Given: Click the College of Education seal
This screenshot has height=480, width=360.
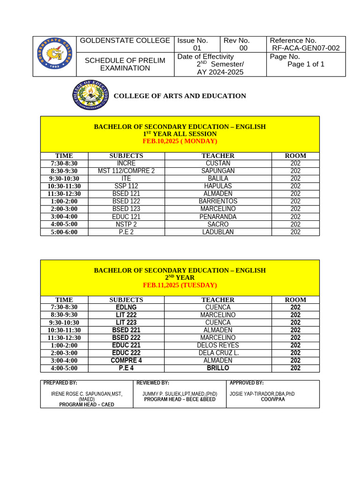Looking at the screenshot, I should [x=90, y=96].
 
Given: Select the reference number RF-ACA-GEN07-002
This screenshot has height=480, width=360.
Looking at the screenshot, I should [x=305, y=48].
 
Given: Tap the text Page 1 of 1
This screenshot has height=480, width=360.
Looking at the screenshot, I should [x=306, y=64].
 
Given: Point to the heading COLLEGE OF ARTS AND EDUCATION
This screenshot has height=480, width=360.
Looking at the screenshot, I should [x=180, y=96].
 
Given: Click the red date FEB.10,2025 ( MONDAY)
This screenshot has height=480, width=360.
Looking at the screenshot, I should [x=180, y=141].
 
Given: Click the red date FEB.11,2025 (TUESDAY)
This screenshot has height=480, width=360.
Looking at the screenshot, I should [x=180, y=285].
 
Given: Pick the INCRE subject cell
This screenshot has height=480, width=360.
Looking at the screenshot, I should [x=126, y=164].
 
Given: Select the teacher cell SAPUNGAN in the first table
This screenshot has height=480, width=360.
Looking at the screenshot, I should [x=218, y=171].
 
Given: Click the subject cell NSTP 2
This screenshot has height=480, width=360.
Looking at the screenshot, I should [x=126, y=225].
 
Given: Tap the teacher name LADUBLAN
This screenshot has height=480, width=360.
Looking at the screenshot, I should [x=218, y=232].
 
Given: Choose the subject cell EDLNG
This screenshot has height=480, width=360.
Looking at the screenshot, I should [x=126, y=307].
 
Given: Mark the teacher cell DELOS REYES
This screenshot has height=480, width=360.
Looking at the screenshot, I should [x=218, y=345].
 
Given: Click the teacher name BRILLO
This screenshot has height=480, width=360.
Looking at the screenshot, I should [x=218, y=368].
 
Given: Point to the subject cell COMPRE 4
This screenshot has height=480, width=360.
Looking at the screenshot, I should [x=126, y=360].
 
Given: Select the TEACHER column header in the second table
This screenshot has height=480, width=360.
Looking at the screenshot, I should [x=218, y=300].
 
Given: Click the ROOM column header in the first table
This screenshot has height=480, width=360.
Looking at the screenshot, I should [x=295, y=156].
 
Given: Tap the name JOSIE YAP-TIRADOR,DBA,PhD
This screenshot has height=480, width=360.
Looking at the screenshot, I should [x=262, y=394].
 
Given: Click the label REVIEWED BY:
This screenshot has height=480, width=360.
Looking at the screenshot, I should [x=153, y=383].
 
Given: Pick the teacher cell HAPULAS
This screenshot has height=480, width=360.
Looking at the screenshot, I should [x=218, y=186].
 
